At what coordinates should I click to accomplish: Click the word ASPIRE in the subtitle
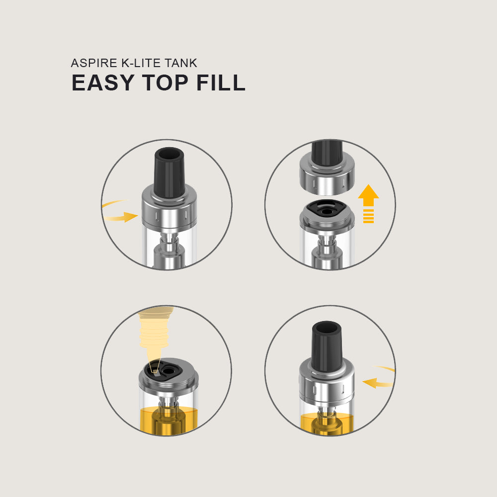coord(94,63)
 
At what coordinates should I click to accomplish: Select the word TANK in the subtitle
coord(181,63)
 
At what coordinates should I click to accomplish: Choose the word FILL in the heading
coord(221,83)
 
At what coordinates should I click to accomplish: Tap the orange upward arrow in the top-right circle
coord(368,203)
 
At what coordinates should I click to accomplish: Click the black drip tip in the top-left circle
coord(169,173)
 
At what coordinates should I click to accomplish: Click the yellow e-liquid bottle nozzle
coord(155,339)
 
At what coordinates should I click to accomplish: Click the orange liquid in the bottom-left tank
coord(168,420)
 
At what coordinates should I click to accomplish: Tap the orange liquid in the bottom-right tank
coord(327,423)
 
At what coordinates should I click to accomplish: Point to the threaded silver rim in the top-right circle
coord(327,220)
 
